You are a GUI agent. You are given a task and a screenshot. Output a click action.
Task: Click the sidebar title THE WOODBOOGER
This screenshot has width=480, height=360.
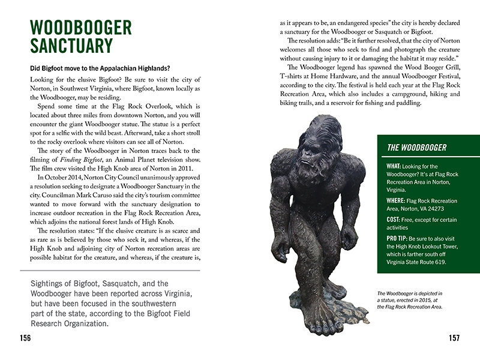[x=416, y=148]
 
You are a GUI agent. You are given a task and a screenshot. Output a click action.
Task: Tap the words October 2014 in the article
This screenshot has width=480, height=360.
[x=56, y=177]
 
